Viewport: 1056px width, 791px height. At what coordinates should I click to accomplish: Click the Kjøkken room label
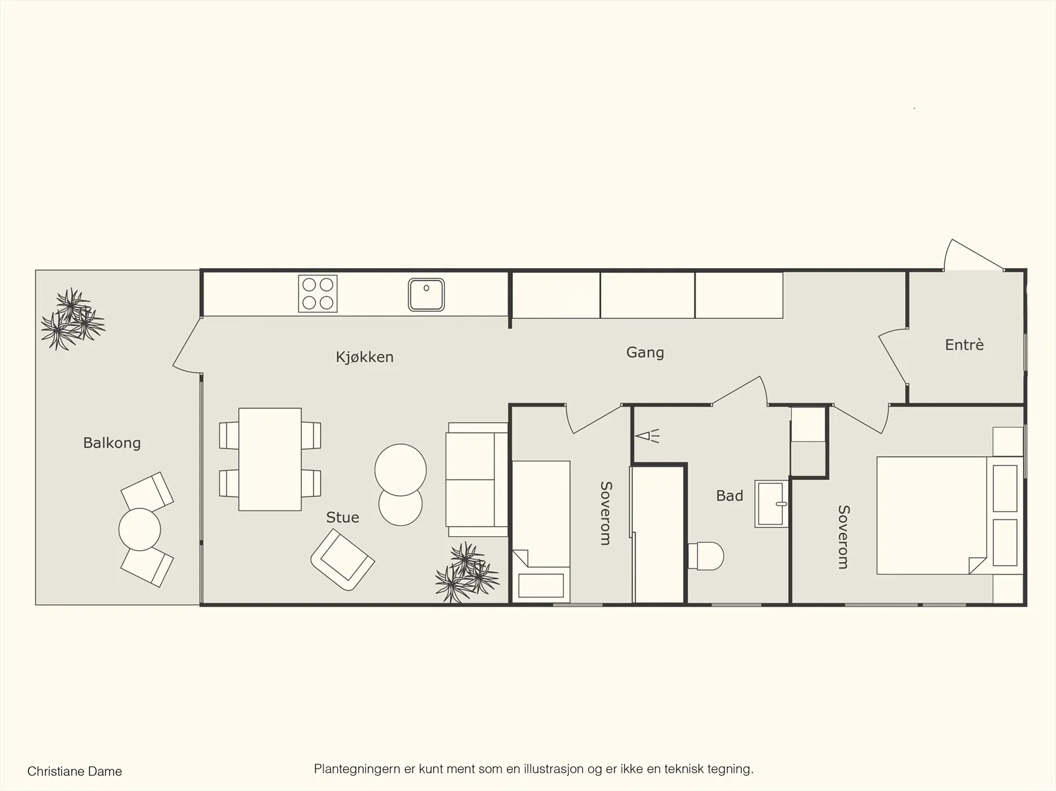pyautogui.click(x=365, y=357)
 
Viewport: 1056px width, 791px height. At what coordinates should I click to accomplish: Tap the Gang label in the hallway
pyautogui.click(x=645, y=353)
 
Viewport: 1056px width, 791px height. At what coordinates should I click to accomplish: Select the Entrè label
pyautogui.click(x=964, y=345)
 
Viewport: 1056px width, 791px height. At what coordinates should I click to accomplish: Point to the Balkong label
pyautogui.click(x=112, y=442)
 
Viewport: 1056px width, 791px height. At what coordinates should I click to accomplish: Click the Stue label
pyautogui.click(x=343, y=517)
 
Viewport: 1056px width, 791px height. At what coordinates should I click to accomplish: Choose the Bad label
pyautogui.click(x=729, y=496)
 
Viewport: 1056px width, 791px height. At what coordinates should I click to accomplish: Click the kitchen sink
pyautogui.click(x=426, y=295)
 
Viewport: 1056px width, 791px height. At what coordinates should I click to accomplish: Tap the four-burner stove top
pyautogui.click(x=317, y=294)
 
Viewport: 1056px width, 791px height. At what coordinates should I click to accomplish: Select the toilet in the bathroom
pyautogui.click(x=706, y=556)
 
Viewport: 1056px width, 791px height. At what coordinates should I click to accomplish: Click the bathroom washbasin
pyautogui.click(x=771, y=504)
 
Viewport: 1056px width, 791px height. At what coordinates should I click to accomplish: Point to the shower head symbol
pyautogui.click(x=647, y=436)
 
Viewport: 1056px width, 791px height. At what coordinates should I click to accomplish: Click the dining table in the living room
pyautogui.click(x=270, y=459)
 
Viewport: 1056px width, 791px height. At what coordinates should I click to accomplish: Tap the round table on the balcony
pyautogui.click(x=139, y=530)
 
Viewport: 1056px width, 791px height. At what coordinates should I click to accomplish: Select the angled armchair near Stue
pyautogui.click(x=343, y=560)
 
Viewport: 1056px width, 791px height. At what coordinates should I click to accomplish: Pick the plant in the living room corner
pyautogui.click(x=467, y=572)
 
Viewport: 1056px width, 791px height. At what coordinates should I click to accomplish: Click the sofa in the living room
pyautogui.click(x=477, y=480)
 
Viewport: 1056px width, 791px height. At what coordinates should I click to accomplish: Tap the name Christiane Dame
pyautogui.click(x=75, y=771)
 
